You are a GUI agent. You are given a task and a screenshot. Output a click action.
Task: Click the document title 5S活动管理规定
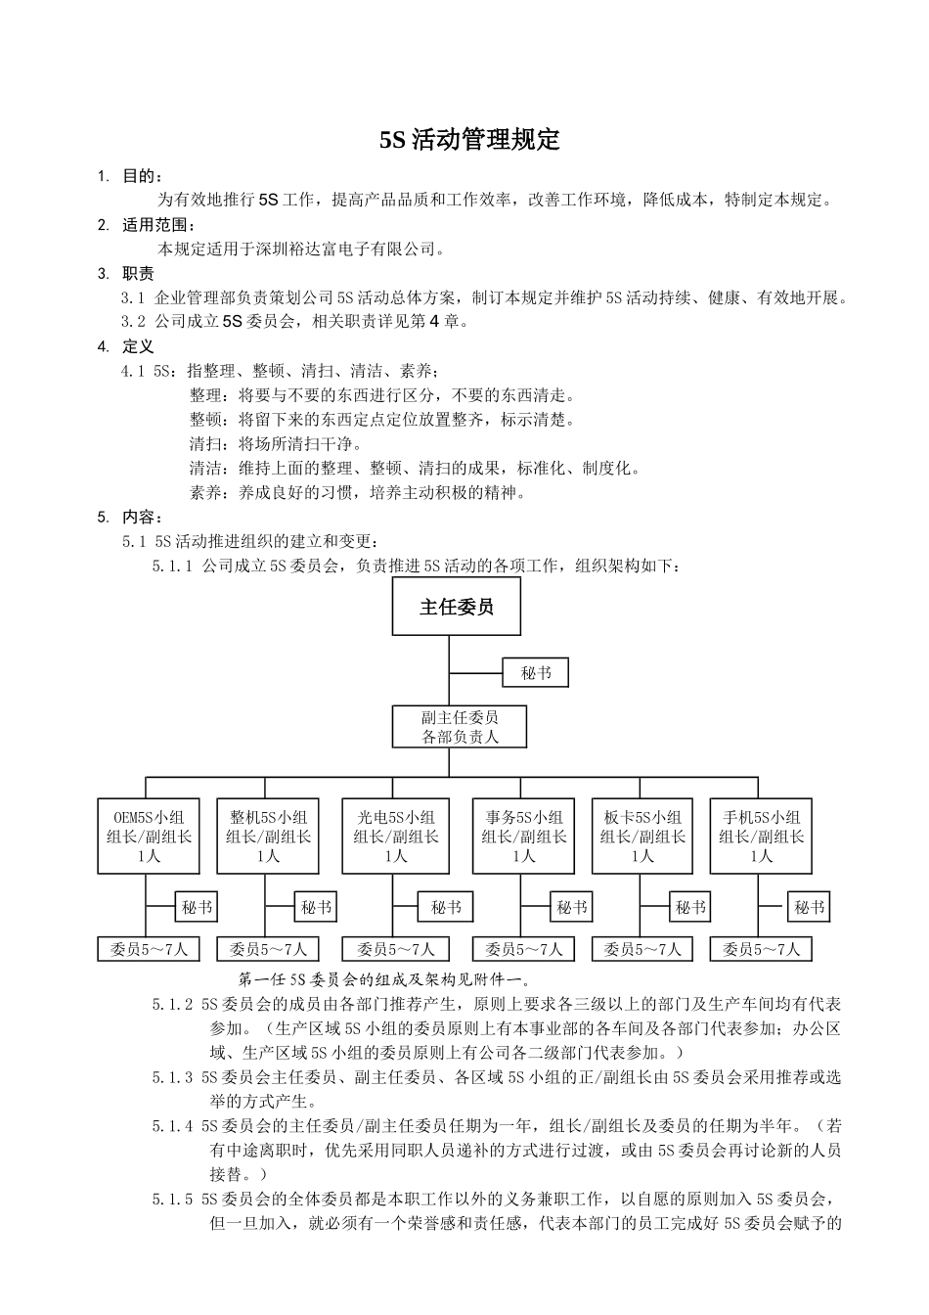pos(469,140)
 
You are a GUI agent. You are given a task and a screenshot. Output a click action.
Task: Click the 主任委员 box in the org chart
pos(456,607)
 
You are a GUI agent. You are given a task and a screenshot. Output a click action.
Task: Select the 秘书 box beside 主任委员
pos(535,673)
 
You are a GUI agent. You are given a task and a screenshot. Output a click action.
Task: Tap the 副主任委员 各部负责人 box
pos(460,727)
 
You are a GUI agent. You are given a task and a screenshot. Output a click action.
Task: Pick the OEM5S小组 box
pos(149,837)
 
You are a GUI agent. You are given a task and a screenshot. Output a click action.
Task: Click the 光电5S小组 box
pos(395,837)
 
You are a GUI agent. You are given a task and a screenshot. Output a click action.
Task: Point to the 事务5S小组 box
pos(523,837)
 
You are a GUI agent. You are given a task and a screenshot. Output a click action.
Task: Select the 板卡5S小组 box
pos(642,837)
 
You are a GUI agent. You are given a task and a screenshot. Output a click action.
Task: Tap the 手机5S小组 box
pos(761,837)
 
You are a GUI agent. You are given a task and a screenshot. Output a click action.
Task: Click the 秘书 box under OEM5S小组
pos(197,907)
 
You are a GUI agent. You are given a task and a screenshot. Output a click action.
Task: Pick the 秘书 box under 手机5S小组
pos(809,907)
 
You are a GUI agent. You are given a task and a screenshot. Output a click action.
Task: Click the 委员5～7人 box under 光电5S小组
pos(395,949)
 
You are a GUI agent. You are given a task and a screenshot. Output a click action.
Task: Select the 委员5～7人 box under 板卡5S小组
pos(642,949)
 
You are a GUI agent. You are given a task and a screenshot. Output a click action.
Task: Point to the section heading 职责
pos(138,274)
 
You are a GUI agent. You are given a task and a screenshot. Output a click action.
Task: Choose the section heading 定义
pos(138,346)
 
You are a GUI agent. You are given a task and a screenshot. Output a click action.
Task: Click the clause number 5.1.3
pos(172,1077)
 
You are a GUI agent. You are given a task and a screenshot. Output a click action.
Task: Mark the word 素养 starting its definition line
pos(205,492)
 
